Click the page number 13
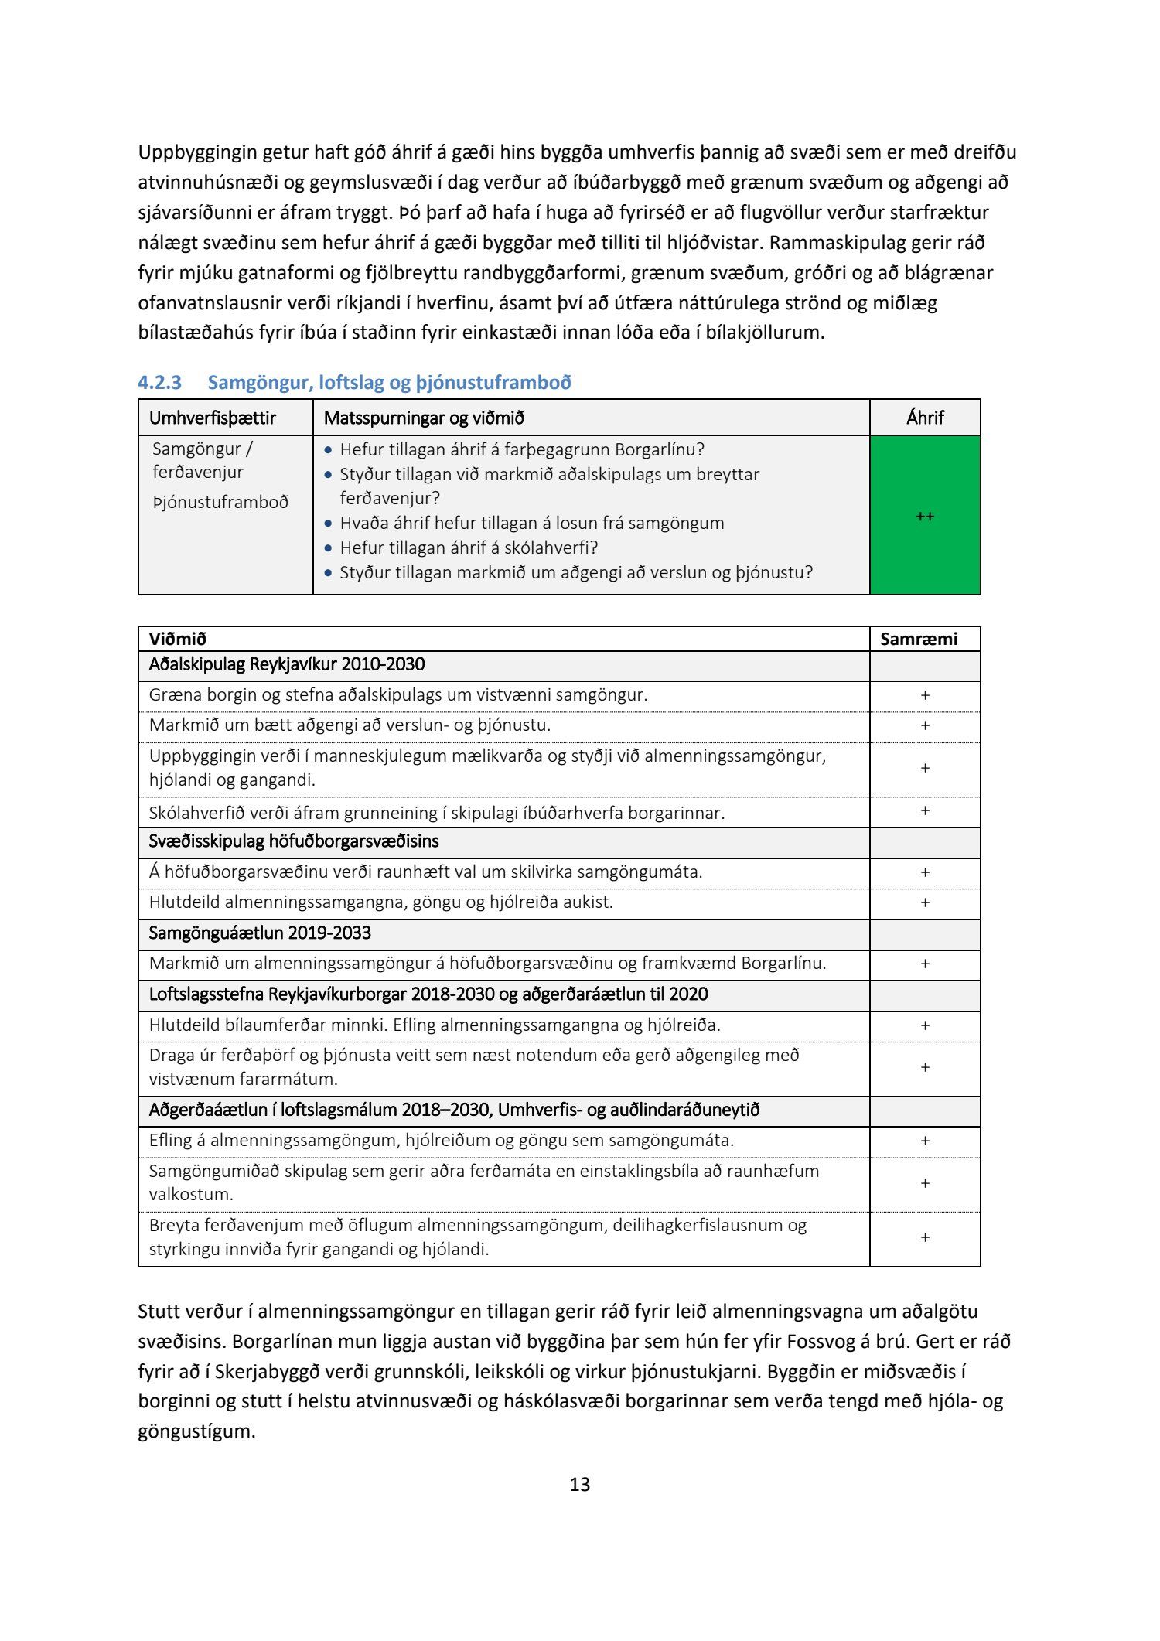tap(579, 1484)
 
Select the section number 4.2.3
tap(159, 382)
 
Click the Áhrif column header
tap(925, 418)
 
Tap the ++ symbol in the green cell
tap(925, 516)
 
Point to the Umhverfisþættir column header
tap(213, 418)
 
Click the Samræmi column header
tap(919, 639)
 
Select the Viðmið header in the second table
tap(178, 639)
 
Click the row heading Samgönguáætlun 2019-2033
tap(260, 933)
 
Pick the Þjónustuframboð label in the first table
tap(220, 502)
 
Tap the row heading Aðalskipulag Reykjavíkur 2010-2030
tap(287, 664)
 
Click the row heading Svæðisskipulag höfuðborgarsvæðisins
tap(294, 841)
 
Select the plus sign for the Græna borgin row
tap(925, 695)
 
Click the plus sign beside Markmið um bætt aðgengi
tap(925, 725)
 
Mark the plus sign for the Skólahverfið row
tap(925, 810)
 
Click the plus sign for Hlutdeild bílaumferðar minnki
tap(925, 1025)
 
